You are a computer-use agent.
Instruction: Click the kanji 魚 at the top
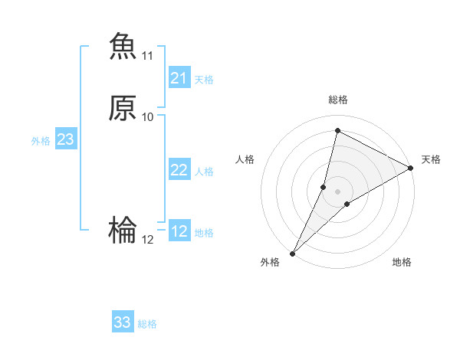(123, 45)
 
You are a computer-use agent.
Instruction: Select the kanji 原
(123, 108)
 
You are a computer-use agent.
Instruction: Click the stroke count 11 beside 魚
(147, 56)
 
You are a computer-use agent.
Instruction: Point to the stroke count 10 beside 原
(147, 116)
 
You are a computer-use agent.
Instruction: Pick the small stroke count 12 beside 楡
(147, 239)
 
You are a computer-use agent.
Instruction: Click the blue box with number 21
(179, 78)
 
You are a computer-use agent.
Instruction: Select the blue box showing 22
(179, 170)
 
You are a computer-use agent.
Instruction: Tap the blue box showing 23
(65, 139)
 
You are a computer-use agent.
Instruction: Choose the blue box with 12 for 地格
(179, 231)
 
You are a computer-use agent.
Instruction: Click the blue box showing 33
(123, 322)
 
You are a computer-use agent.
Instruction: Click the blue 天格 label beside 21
(204, 79)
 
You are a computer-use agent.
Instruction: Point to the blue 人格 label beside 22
(204, 171)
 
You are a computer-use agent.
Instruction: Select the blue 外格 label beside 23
(41, 140)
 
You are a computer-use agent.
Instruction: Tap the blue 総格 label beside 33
(147, 323)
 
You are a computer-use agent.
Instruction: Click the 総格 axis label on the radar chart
(337, 100)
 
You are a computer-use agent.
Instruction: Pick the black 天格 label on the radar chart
(431, 159)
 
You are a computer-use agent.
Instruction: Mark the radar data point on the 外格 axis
(292, 253)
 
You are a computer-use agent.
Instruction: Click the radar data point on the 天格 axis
(411, 168)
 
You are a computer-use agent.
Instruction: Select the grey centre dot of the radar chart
(337, 191)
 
